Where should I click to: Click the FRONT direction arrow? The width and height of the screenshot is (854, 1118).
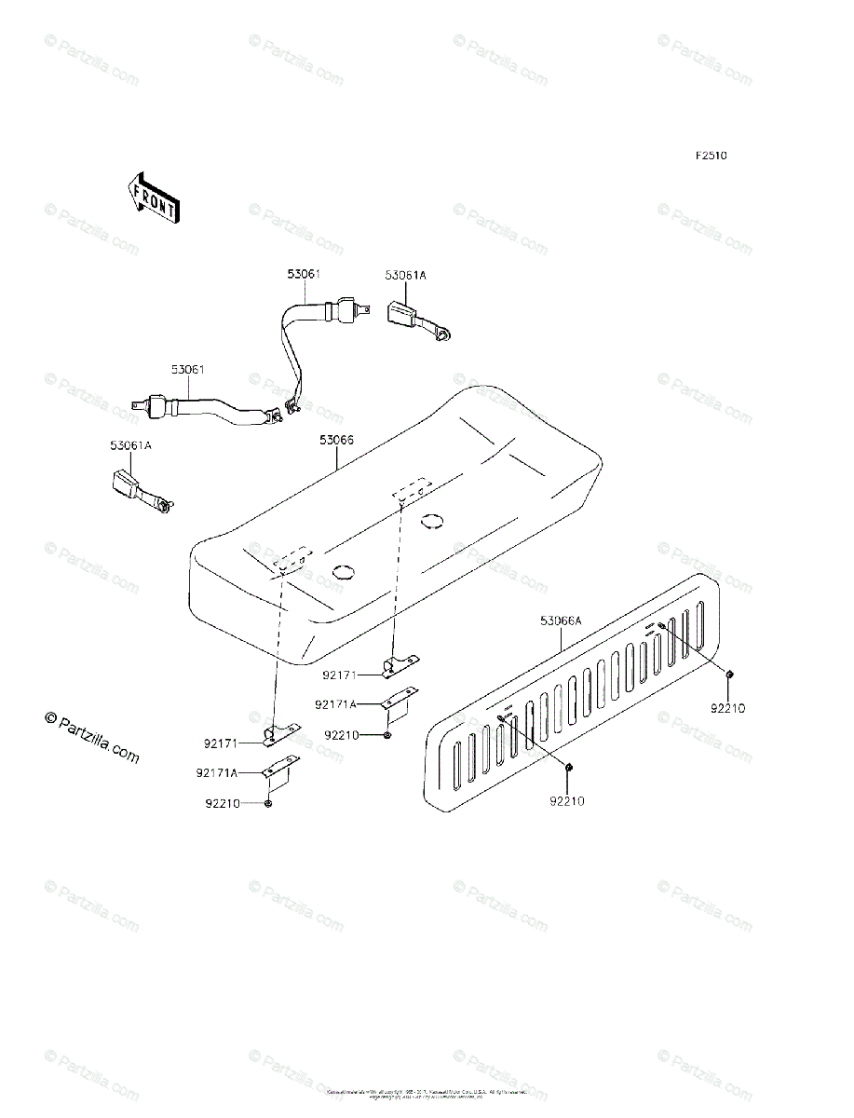coord(153,197)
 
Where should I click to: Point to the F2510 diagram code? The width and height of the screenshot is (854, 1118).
coord(710,157)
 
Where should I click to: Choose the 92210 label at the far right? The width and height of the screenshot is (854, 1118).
coord(728,708)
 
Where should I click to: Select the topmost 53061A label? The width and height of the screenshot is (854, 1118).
coord(405,275)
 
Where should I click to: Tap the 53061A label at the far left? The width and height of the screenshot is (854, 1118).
coord(130,445)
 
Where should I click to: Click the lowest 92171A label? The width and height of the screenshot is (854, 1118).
coord(216,772)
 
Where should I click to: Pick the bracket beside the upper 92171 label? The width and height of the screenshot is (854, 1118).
coord(401,663)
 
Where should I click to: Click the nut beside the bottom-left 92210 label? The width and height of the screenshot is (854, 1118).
coord(268,803)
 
